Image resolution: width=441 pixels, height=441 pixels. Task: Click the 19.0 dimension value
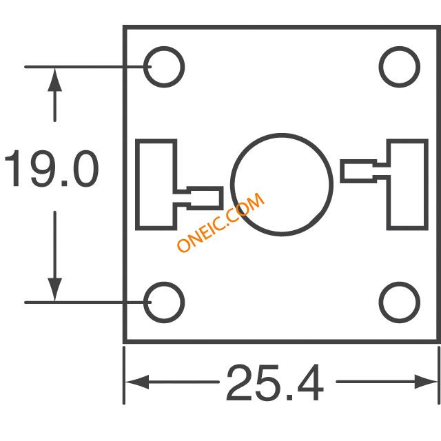[52, 168]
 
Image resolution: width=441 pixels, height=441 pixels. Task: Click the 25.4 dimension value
[275, 382]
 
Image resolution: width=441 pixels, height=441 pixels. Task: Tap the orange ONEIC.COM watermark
[220, 222]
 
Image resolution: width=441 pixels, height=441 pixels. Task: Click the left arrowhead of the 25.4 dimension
[137, 382]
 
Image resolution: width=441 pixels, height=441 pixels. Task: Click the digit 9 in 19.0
[43, 168]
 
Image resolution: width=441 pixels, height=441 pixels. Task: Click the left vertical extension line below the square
[124, 376]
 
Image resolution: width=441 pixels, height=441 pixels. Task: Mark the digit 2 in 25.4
[239, 382]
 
